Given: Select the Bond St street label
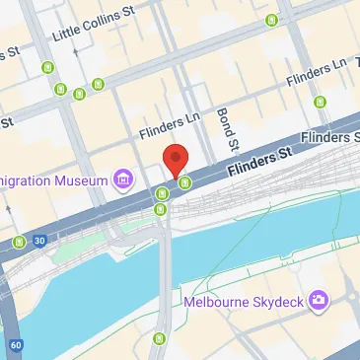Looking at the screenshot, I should coord(226,128).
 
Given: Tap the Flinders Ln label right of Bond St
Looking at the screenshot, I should coord(316,70).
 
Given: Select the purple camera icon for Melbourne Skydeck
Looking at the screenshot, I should coord(318,299).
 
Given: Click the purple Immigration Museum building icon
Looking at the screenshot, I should coord(123,178).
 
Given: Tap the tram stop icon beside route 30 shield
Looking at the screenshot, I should coord(19,242).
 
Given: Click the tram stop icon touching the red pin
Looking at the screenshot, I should coord(184,181).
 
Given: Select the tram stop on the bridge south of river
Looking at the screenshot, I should coord(159,340).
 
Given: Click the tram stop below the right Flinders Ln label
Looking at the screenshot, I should coord(320,102).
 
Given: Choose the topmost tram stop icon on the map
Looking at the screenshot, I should coord(271,20).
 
